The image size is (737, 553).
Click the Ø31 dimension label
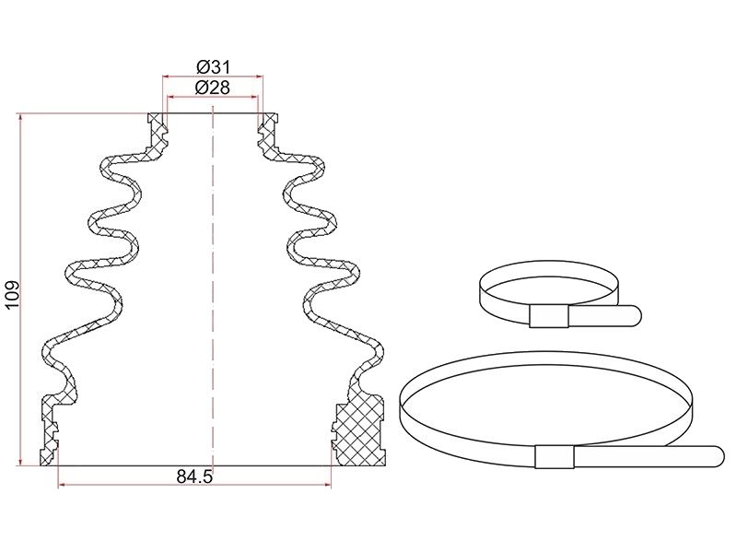(x=214, y=67)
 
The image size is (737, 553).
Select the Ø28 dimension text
(x=213, y=88)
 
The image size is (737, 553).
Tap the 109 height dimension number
(x=12, y=295)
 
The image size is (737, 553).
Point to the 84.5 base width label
(x=194, y=477)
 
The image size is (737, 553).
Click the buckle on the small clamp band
(x=548, y=316)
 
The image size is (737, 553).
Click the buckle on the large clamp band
(x=555, y=456)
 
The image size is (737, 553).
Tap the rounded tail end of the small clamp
(x=635, y=315)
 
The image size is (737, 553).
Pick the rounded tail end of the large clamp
(x=718, y=456)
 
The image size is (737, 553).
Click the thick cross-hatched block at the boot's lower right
(x=359, y=430)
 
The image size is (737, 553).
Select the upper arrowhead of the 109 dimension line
(x=20, y=117)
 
